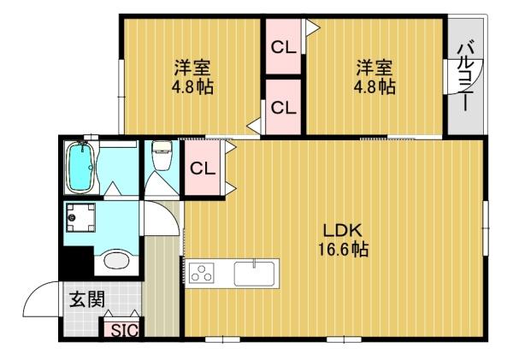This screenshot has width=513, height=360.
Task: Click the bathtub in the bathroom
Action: click(80, 168)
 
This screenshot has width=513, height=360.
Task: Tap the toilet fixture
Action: click(160, 157)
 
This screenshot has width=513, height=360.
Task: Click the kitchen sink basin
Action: click(256, 274)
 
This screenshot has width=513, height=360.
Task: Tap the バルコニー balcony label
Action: click(464, 77)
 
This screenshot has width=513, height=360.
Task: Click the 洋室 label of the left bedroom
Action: click(192, 68)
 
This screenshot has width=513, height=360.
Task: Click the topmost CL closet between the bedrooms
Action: click(283, 48)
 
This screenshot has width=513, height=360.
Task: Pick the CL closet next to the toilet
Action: click(203, 168)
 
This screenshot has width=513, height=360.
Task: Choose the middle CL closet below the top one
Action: click(283, 108)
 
